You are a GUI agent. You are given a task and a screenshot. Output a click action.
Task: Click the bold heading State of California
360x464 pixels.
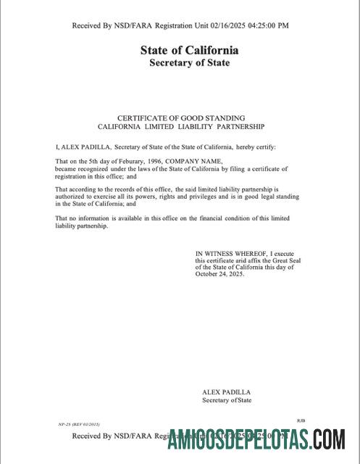click(x=189, y=51)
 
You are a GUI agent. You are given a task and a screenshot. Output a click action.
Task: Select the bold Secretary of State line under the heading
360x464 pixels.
click(x=189, y=63)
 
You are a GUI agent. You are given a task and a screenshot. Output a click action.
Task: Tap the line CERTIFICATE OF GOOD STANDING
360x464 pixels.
click(x=181, y=117)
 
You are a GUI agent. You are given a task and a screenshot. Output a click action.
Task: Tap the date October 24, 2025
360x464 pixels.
click(x=220, y=275)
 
